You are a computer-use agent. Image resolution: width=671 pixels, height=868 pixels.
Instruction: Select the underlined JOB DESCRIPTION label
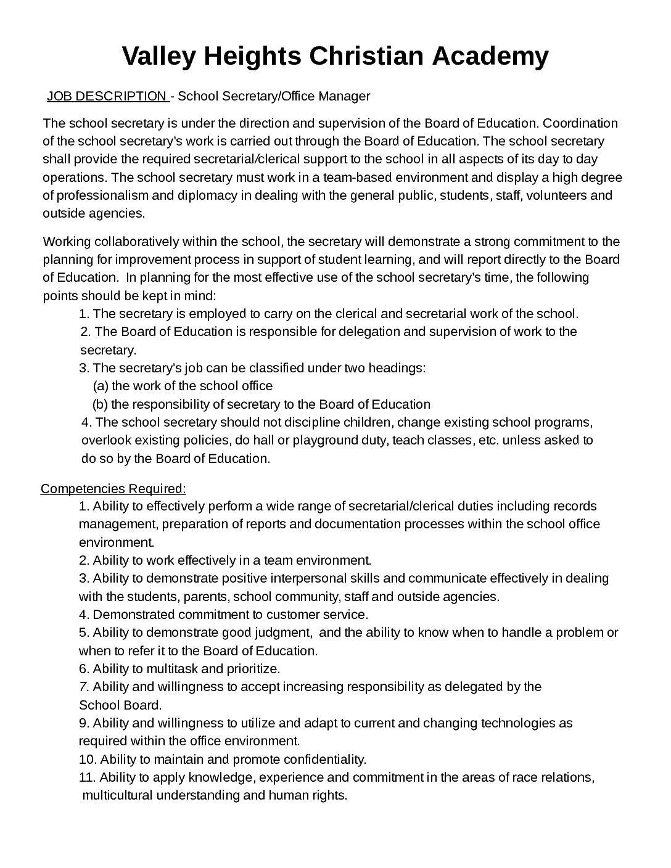click(x=107, y=96)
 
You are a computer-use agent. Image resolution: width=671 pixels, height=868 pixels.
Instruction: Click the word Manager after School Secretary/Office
click(x=346, y=96)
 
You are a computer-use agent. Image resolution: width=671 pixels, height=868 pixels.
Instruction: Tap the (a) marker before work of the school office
click(x=101, y=387)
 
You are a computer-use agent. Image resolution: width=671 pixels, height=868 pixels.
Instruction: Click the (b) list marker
click(x=101, y=405)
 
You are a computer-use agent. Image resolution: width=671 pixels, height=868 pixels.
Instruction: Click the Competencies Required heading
click(x=113, y=489)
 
